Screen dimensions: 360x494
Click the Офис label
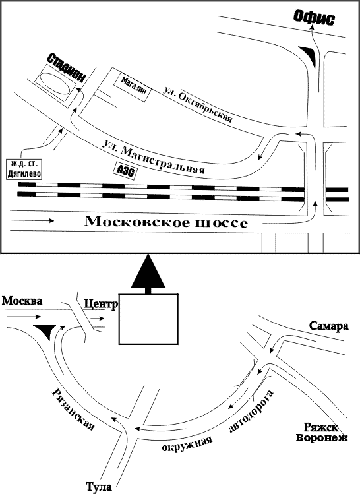(314, 18)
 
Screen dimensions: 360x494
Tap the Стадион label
(67, 68)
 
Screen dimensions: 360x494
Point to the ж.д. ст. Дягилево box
(24, 170)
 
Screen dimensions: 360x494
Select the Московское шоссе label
(166, 222)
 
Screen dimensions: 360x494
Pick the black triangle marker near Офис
(308, 56)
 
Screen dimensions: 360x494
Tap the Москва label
(22, 301)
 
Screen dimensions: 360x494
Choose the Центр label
(101, 304)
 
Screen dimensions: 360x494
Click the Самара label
(329, 326)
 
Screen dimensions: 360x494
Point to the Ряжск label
(321, 427)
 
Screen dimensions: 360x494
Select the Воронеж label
(322, 437)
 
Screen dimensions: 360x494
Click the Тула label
(99, 487)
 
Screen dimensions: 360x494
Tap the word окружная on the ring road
(187, 443)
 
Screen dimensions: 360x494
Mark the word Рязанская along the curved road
(73, 409)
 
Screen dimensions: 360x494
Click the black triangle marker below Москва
(45, 332)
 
